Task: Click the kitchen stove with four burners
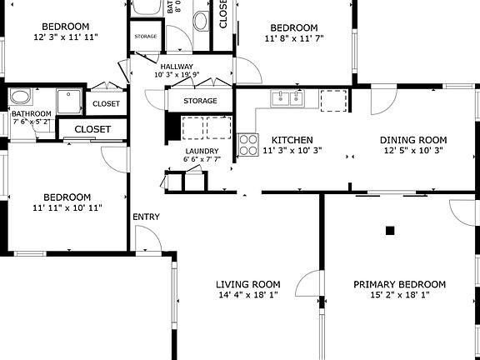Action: tap(248, 145)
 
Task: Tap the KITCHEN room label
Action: tap(292, 140)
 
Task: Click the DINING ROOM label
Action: tap(413, 140)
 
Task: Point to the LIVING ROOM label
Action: tap(248, 284)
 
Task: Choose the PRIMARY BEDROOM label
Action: tap(399, 284)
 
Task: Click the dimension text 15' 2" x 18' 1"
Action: tap(399, 295)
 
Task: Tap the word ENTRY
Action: tap(146, 217)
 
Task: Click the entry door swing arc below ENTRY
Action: tap(147, 242)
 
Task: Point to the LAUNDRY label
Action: tap(202, 151)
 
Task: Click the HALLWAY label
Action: tap(177, 67)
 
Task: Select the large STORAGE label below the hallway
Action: tap(200, 101)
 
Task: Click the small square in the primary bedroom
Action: tap(389, 229)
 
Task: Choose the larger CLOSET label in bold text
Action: tap(92, 129)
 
